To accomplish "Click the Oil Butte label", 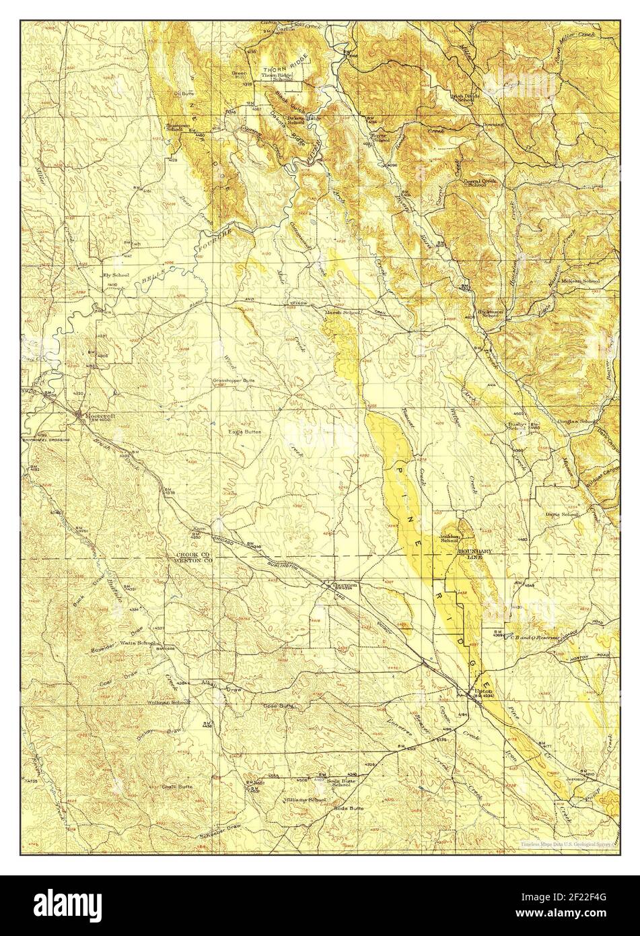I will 184,94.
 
